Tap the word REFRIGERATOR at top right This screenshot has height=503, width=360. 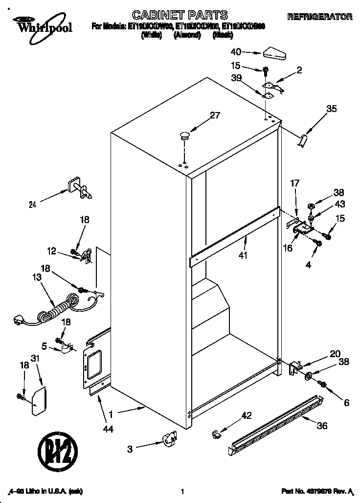point(319,17)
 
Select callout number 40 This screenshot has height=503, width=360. point(236,51)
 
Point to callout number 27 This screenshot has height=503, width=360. point(215,116)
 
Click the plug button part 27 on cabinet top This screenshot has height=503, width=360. point(185,136)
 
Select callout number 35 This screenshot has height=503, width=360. point(331,109)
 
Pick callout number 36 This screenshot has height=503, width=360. point(321,426)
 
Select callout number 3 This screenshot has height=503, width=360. point(129,449)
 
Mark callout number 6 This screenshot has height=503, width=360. point(346,403)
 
